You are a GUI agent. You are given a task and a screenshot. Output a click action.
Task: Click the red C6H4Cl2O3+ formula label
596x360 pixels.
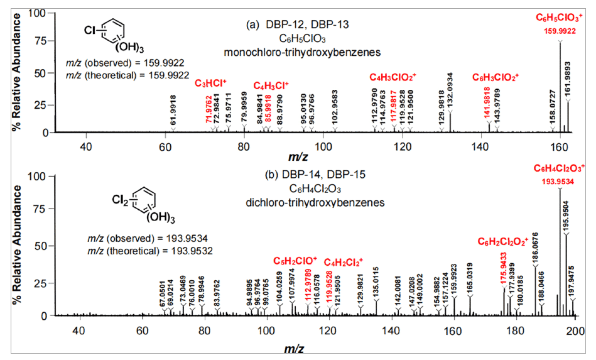(560, 168)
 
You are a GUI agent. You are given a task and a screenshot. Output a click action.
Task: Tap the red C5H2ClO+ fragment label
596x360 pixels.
(295, 260)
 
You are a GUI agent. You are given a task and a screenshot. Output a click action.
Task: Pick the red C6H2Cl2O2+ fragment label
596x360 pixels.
(504, 241)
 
